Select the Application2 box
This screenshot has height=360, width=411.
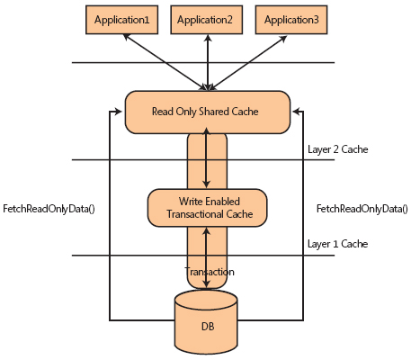208,18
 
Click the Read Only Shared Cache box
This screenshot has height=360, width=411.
208,112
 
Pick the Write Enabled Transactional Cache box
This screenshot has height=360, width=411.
208,207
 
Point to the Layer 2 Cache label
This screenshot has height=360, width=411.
337,149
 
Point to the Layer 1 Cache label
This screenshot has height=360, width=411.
337,244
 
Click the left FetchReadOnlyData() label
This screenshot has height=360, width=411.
49,209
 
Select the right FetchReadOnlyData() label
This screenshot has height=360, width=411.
362,209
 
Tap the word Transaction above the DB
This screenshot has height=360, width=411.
209,272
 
